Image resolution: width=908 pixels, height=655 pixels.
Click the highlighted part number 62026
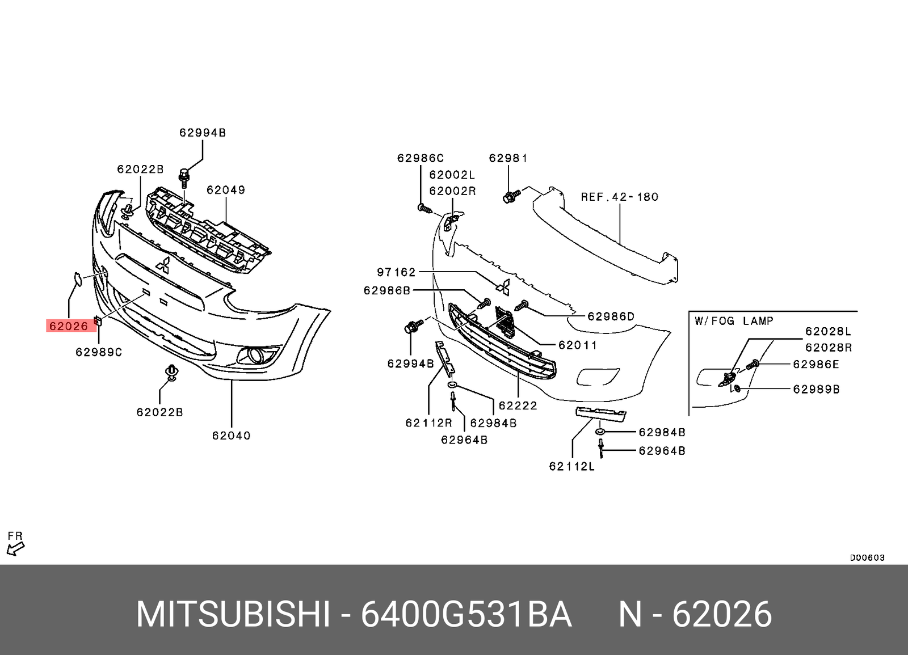pyautogui.click(x=69, y=326)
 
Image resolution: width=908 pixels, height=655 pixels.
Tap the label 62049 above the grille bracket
pyautogui.click(x=226, y=190)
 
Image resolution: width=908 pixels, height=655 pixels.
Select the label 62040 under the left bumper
pyautogui.click(x=231, y=436)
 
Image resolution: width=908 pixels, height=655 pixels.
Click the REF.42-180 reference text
pyautogui.click(x=620, y=197)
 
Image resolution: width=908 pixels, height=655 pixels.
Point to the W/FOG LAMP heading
pyautogui.click(x=734, y=321)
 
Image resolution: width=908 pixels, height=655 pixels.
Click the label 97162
pyautogui.click(x=396, y=272)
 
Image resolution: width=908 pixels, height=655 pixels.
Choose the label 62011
pyautogui.click(x=578, y=345)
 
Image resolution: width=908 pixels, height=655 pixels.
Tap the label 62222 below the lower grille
pyautogui.click(x=518, y=405)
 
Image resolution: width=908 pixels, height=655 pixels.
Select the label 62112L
pyautogui.click(x=571, y=466)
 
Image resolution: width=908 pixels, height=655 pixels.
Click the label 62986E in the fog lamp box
pyautogui.click(x=816, y=364)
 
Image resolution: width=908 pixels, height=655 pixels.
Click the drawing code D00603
pyautogui.click(x=867, y=557)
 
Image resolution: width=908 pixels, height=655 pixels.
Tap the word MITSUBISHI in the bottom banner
pyautogui.click(x=233, y=614)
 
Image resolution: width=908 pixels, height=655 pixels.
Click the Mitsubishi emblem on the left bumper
pyautogui.click(x=163, y=265)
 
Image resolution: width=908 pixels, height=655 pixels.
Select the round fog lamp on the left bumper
pyautogui.click(x=254, y=356)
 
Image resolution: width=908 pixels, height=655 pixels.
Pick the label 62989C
pyautogui.click(x=99, y=352)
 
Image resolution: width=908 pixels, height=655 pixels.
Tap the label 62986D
pyautogui.click(x=611, y=316)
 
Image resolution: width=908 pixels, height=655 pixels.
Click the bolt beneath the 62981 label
pyautogui.click(x=511, y=196)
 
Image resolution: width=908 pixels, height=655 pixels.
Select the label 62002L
pyautogui.click(x=452, y=175)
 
